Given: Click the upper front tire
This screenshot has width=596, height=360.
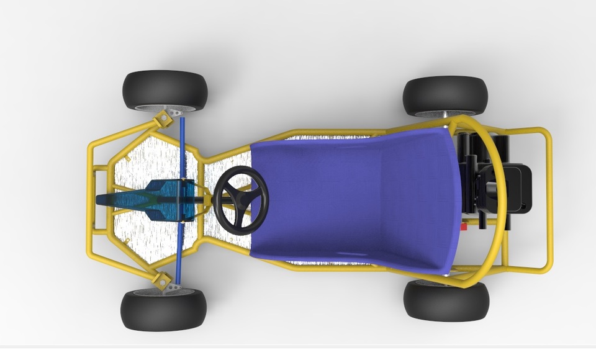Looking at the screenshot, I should click(x=165, y=89).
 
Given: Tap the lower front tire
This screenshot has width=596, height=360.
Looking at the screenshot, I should click(x=163, y=310).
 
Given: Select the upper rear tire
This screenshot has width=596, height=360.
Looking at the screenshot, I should click(x=445, y=94).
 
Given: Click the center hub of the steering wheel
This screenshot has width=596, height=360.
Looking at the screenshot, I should click(x=240, y=200).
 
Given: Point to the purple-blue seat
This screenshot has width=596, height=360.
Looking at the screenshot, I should click(x=354, y=199).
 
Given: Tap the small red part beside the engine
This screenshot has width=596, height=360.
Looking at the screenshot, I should click(x=463, y=227).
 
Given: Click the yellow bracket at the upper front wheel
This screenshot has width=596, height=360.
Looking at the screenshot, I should click(x=163, y=117).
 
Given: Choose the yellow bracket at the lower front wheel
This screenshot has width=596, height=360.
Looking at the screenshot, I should click(x=163, y=280).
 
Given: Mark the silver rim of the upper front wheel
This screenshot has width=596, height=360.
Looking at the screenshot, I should click(x=163, y=108).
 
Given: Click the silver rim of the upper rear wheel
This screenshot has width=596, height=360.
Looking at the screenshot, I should click(x=445, y=114).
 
